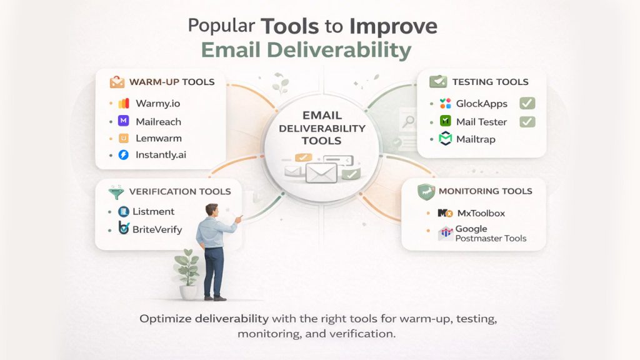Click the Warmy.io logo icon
(x=124, y=103)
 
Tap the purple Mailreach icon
(x=124, y=121)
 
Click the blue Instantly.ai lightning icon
(x=124, y=154)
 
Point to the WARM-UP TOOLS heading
(x=171, y=82)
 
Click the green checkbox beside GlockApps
(x=527, y=104)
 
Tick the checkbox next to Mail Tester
(x=527, y=121)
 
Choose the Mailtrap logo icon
(x=445, y=139)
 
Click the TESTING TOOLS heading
(x=490, y=82)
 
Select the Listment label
(x=154, y=212)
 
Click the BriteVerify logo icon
(x=123, y=229)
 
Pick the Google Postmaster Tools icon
(x=446, y=234)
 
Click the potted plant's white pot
(x=188, y=292)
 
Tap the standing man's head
(x=212, y=211)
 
